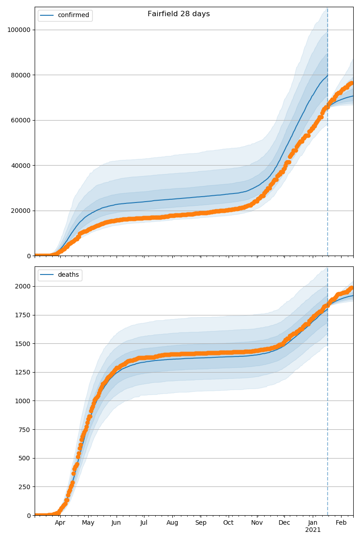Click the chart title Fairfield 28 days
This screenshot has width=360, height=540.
179,14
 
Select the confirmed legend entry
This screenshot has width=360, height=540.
73,15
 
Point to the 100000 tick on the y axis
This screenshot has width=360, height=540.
19,30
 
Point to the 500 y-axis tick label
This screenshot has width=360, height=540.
25,458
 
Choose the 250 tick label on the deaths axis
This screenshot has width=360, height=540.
25,487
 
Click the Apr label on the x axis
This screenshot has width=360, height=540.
60,523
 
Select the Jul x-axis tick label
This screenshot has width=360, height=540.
144,523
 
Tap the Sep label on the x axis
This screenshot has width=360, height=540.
201,523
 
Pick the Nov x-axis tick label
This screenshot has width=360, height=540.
257,523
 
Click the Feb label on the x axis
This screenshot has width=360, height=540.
341,523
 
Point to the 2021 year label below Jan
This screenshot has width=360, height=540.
313,530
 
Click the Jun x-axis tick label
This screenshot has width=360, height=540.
116,523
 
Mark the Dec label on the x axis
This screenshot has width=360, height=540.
284,523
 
